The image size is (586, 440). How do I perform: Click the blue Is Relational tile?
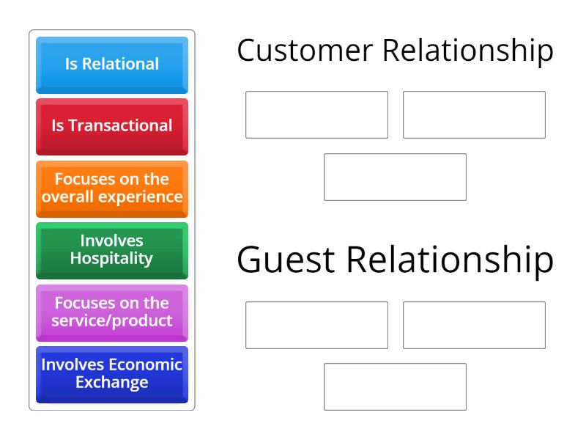[112, 65]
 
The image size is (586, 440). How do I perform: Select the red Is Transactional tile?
[112, 127]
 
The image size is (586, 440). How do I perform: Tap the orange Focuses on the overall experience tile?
[112, 189]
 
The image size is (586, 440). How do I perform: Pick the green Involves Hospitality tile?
[112, 251]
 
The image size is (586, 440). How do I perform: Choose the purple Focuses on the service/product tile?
[112, 313]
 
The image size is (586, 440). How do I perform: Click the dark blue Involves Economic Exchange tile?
[112, 375]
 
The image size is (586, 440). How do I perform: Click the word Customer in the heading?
[305, 50]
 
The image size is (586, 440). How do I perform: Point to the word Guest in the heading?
[286, 260]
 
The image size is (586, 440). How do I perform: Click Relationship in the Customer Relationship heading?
[468, 52]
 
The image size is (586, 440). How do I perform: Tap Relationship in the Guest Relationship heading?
[450, 261]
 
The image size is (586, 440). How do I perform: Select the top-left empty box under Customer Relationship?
[317, 115]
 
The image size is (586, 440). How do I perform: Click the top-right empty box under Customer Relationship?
[474, 115]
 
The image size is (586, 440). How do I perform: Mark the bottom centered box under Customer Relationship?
[396, 177]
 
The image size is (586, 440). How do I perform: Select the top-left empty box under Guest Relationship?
[317, 325]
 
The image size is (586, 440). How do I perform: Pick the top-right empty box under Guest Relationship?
[474, 325]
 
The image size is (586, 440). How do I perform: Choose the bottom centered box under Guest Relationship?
[396, 387]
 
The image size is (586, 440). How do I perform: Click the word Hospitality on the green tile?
[112, 259]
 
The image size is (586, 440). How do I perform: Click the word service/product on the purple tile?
[112, 321]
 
